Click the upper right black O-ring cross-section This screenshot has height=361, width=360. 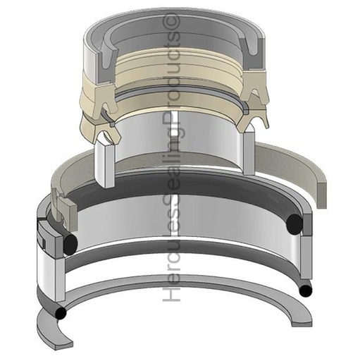coord(295,224)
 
